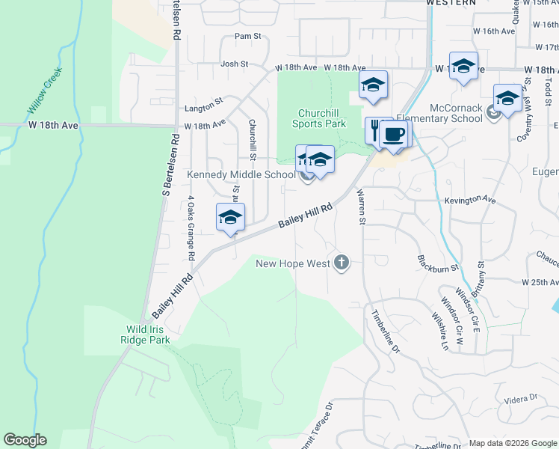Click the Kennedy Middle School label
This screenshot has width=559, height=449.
[x=241, y=175]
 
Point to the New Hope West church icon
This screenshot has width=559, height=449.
[x=342, y=263]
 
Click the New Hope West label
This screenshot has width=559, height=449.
[x=293, y=263]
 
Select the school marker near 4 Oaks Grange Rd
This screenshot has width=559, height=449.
[x=231, y=218]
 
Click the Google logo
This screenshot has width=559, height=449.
[x=25, y=440]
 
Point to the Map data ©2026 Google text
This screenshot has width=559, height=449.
[x=512, y=443]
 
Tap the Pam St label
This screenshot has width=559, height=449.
[x=247, y=36]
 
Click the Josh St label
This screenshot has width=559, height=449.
[x=235, y=64]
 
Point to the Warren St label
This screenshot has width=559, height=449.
[x=362, y=207]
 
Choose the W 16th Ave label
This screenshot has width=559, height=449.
[x=498, y=31]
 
